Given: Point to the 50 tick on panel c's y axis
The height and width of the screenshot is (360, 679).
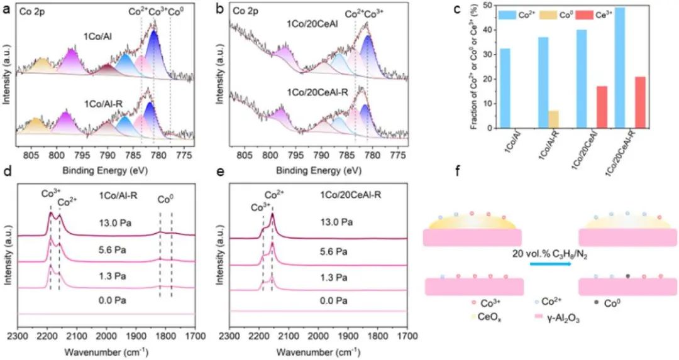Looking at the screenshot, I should coord(489,5).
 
